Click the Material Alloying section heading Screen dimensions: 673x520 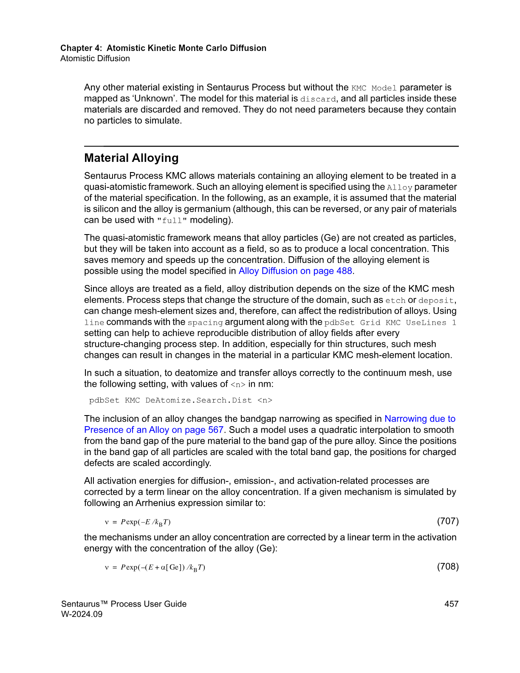[x=131, y=158]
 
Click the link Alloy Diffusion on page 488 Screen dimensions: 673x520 [x=295, y=271]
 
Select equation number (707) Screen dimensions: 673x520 [x=448, y=521]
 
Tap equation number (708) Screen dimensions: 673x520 [x=448, y=566]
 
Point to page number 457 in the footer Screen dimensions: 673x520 [x=451, y=604]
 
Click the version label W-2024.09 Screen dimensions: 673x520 [x=82, y=614]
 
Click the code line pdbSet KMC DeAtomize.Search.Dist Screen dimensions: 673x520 [x=181, y=400]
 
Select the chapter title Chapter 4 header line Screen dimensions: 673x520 [x=163, y=48]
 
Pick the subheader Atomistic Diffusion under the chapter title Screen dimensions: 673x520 [x=95, y=59]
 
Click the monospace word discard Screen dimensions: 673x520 [x=318, y=99]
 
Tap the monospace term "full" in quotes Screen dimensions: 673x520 [x=172, y=221]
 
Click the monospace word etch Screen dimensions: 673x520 [x=395, y=300]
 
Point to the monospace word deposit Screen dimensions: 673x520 [x=436, y=300]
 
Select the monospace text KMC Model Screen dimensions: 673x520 [x=374, y=88]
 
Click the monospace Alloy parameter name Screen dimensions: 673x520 [x=399, y=187]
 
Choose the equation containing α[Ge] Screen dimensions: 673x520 [x=155, y=567]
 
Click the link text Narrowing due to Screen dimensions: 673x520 [x=420, y=419]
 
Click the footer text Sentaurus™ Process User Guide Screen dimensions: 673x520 [x=124, y=604]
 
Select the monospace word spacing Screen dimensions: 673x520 [x=205, y=322]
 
